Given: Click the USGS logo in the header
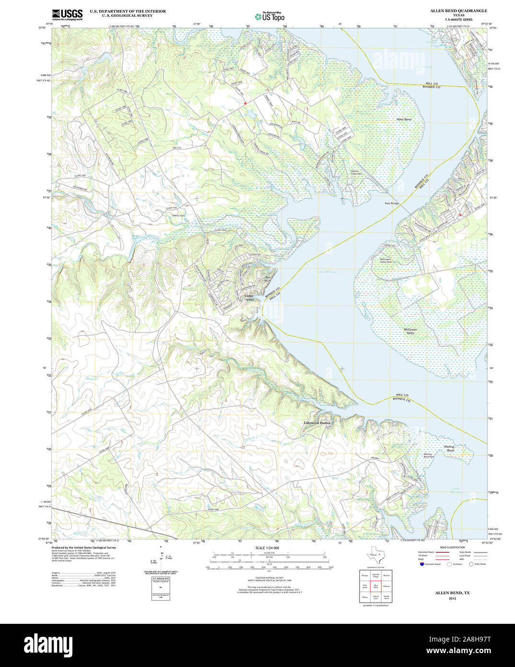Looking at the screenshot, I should [67, 14].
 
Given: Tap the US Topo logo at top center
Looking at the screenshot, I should [269, 16].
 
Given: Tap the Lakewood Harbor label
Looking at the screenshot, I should [317, 423].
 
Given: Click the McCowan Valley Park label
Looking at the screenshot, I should [386, 261].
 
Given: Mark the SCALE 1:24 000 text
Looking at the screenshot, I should [267, 548].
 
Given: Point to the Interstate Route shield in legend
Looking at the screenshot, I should [422, 564].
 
